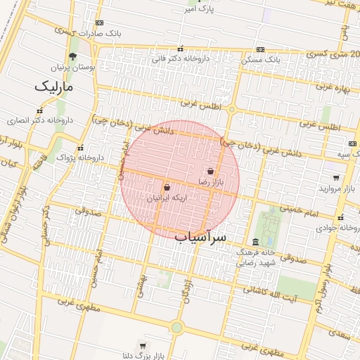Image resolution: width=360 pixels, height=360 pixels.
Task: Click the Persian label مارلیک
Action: tap(54, 86)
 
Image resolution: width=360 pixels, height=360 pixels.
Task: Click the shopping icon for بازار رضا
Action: tap(211, 171)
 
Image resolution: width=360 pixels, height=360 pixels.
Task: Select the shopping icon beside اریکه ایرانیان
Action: tap(167, 188)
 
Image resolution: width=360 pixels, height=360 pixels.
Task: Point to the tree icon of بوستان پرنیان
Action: tap(73, 56)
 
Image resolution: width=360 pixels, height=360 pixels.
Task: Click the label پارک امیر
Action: tap(197, 10)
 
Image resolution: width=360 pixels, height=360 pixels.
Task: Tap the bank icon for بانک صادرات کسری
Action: tap(99, 23)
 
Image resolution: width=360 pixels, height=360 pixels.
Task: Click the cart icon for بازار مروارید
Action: tap(336, 177)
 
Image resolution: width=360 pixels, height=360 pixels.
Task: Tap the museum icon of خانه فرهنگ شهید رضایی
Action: tap(255, 242)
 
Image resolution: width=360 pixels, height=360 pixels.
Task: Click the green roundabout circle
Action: tap(176, 327)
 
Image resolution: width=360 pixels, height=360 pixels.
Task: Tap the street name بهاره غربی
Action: tap(333, 87)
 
